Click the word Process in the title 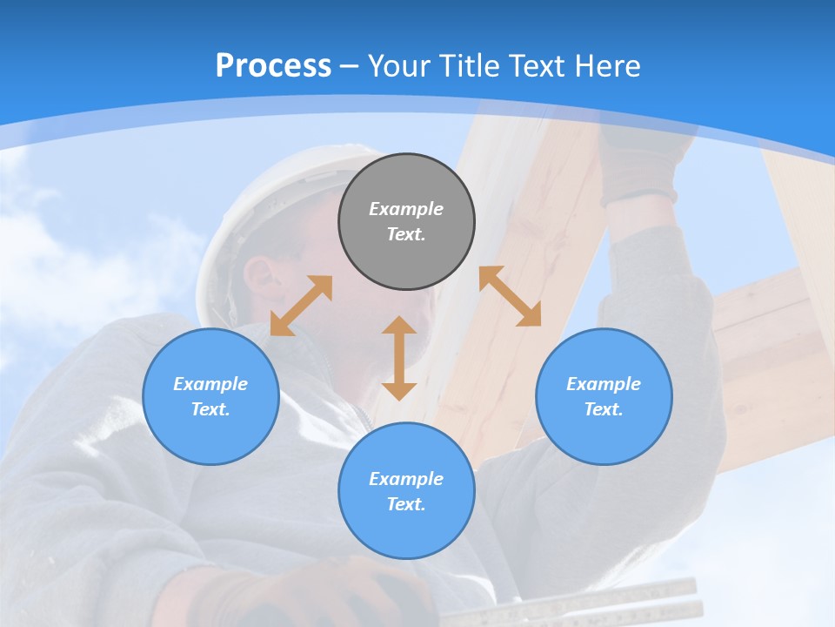point(273,66)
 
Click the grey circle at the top point(406,221)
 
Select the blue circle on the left point(210,396)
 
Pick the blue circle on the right point(604,396)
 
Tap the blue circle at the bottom point(406,490)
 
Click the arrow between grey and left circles point(301,306)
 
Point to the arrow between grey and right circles point(511,296)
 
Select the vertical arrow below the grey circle point(399,358)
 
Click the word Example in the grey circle point(406,209)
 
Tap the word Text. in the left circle point(210,409)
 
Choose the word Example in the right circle point(604,384)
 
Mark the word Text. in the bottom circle point(406,504)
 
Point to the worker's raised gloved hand point(639,165)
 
